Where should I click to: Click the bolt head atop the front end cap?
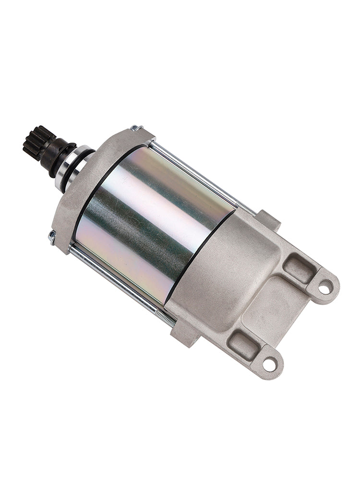[x=136, y=128]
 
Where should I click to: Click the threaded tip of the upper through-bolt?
[x=246, y=207]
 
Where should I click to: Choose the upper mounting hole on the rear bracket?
[x=325, y=287]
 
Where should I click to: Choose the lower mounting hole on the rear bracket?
[x=270, y=364]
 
